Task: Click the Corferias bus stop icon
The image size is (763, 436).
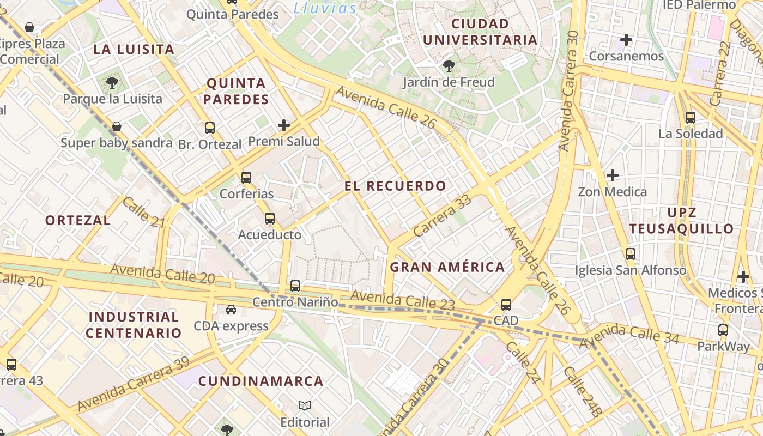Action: pyautogui.click(x=246, y=177)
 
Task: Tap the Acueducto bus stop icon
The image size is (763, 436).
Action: pyautogui.click(x=269, y=219)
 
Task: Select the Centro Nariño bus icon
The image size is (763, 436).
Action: pyautogui.click(x=295, y=286)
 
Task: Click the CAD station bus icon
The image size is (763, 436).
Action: pyautogui.click(x=506, y=304)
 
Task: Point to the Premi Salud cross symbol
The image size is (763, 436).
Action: pyautogui.click(x=284, y=125)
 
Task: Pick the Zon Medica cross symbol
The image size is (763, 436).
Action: pyautogui.click(x=613, y=175)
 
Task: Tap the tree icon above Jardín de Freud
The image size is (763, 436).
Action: pyautogui.click(x=449, y=66)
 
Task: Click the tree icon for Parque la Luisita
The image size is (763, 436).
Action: pyautogui.click(x=112, y=83)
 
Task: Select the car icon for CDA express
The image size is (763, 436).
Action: pyautogui.click(x=231, y=310)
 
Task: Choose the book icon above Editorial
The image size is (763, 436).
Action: pyautogui.click(x=305, y=405)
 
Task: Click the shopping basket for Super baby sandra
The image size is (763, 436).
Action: pyautogui.click(x=117, y=127)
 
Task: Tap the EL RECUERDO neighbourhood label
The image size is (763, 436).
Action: pyautogui.click(x=395, y=186)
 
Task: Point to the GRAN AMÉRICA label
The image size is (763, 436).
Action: pyautogui.click(x=447, y=267)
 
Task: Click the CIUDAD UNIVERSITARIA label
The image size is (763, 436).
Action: pyautogui.click(x=480, y=32)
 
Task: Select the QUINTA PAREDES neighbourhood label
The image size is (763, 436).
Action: pyautogui.click(x=237, y=91)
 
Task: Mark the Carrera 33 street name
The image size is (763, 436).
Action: pyautogui.click(x=442, y=216)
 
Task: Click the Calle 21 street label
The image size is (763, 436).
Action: pyautogui.click(x=143, y=213)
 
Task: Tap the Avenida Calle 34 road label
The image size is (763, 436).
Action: pyautogui.click(x=629, y=334)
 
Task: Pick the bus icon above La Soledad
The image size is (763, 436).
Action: pyautogui.click(x=691, y=117)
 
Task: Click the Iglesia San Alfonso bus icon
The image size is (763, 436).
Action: pyautogui.click(x=631, y=254)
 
